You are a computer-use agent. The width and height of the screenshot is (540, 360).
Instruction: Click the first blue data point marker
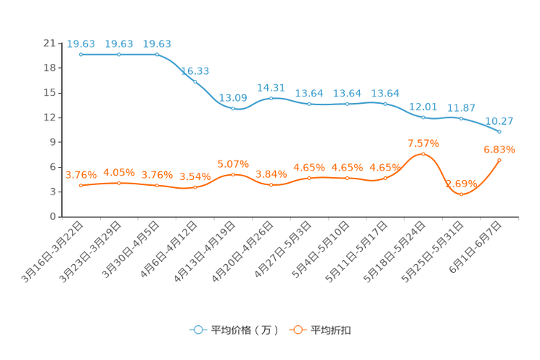[x=81, y=54]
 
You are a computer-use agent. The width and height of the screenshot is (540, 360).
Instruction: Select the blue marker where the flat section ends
[x=157, y=54]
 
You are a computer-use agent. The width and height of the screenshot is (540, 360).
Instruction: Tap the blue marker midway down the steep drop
[x=195, y=81]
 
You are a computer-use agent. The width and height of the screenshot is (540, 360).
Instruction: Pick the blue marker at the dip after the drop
[x=232, y=109]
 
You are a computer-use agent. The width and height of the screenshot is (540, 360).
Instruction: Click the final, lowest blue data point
[x=499, y=132]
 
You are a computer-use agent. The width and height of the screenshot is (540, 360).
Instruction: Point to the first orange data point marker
[x=81, y=186]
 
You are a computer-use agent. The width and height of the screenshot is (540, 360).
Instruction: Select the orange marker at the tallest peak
[x=423, y=154]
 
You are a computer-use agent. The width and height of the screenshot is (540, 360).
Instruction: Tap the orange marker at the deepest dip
[x=461, y=195]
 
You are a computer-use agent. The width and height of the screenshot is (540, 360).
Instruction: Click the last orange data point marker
[x=499, y=160]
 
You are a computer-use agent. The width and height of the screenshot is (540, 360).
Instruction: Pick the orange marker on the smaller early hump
[x=232, y=174]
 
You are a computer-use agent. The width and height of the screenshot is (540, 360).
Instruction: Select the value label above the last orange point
[x=499, y=150]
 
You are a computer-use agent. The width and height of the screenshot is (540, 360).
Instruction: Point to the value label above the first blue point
[x=81, y=44]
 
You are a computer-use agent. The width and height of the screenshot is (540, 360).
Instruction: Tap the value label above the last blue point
[x=499, y=120]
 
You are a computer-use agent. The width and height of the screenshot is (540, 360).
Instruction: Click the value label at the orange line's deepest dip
[x=461, y=184]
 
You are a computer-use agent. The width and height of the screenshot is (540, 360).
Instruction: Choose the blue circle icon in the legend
[x=197, y=330]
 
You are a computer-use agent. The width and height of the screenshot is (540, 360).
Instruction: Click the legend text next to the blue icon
[x=245, y=330]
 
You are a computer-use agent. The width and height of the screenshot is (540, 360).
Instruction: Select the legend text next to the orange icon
[x=332, y=330]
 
